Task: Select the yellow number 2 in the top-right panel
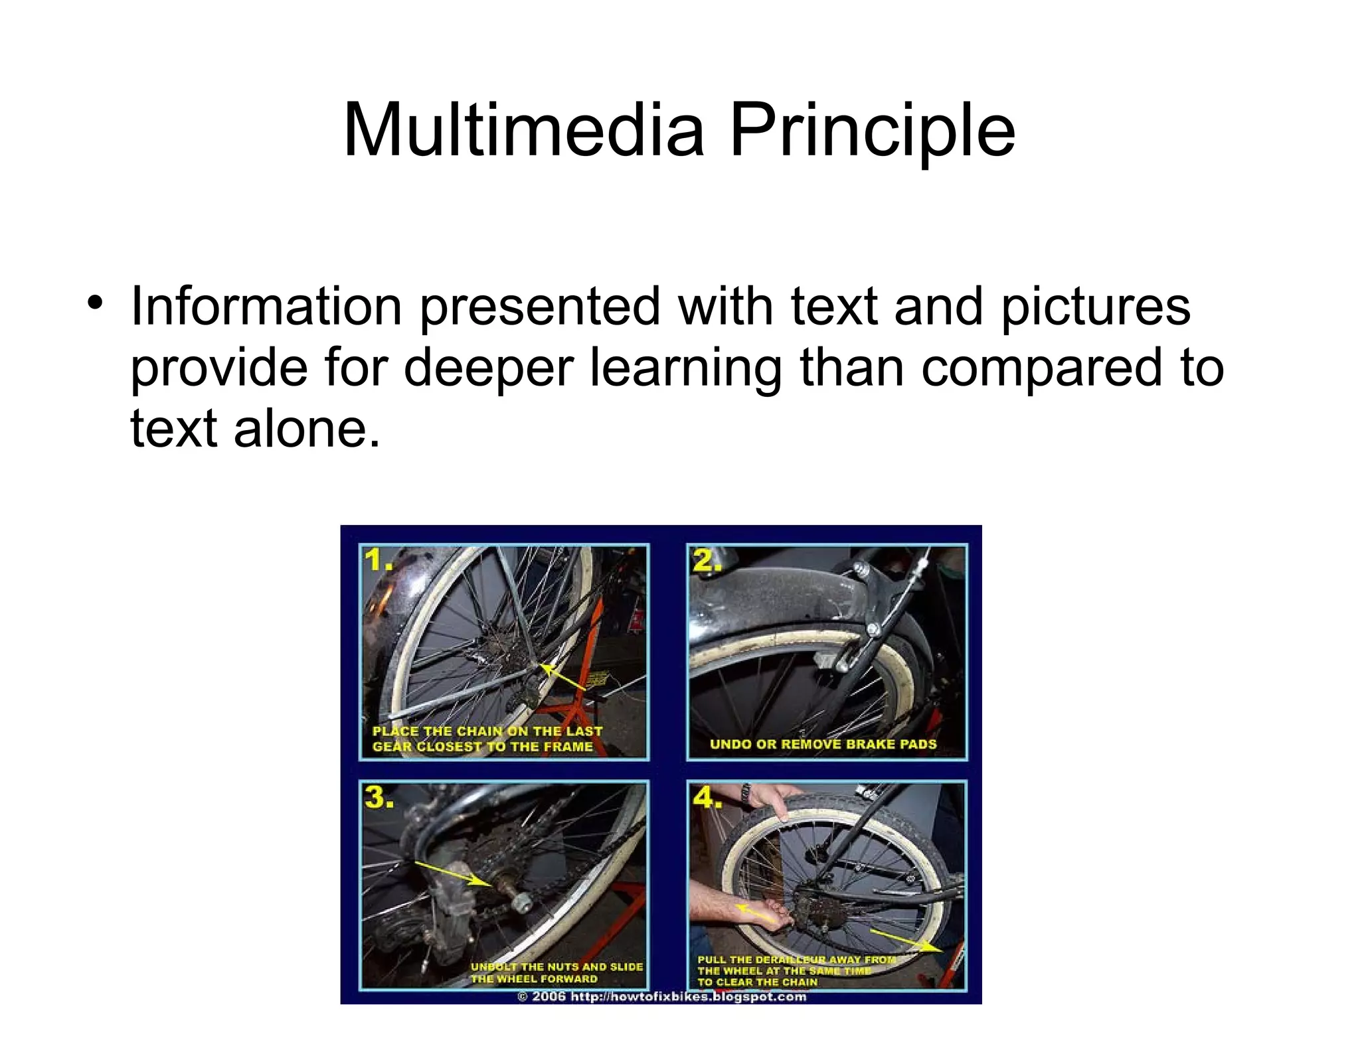pyautogui.click(x=707, y=561)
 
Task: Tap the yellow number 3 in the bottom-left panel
pyautogui.click(x=379, y=796)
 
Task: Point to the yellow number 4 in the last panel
pyautogui.click(x=707, y=796)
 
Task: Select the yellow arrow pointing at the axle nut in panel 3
pyautogui.click(x=452, y=873)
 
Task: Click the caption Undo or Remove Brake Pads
pyautogui.click(x=823, y=744)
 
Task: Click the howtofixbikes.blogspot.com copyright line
pyautogui.click(x=661, y=996)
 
